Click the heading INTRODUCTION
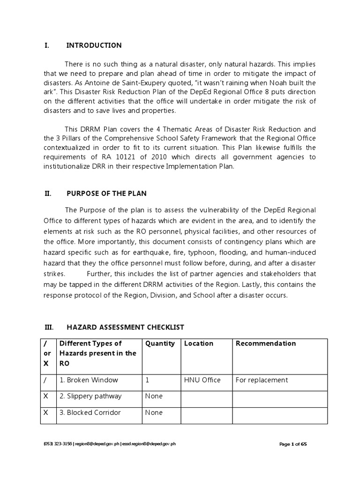94,45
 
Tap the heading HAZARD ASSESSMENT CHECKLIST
125,327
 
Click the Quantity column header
160,343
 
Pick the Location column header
198,343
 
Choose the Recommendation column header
265,343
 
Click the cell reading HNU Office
202,380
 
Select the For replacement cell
262,380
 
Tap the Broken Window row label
89,380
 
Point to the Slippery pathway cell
90,396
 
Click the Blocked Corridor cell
90,412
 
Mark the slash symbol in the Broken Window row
45,380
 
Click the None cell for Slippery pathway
154,396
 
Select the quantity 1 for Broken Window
148,380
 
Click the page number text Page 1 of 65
293,444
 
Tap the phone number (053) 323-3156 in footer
57,444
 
